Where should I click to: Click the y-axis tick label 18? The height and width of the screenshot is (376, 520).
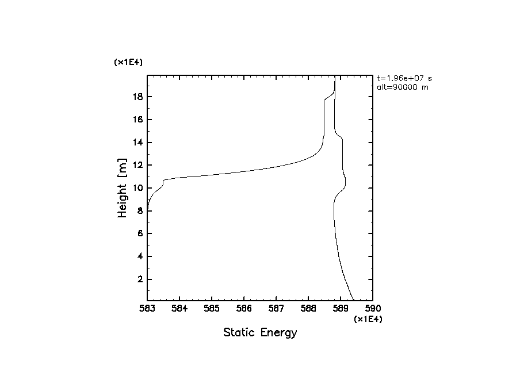click(x=137, y=97)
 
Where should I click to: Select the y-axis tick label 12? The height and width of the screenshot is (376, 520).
click(x=137, y=166)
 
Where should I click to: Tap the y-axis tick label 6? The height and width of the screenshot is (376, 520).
click(x=139, y=234)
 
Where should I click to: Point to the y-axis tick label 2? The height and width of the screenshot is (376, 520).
click(x=139, y=279)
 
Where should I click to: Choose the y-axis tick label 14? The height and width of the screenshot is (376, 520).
click(x=137, y=143)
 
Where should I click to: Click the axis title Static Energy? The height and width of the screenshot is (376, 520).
click(x=260, y=332)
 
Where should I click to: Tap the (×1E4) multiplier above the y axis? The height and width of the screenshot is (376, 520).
click(x=128, y=62)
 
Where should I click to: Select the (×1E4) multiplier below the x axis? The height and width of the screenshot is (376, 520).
click(x=368, y=320)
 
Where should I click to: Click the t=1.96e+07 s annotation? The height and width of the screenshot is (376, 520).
click(x=404, y=78)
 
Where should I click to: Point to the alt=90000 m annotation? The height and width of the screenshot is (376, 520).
click(x=403, y=87)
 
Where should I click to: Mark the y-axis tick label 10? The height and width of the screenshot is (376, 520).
click(x=137, y=189)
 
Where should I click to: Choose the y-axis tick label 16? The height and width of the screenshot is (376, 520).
click(x=137, y=120)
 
